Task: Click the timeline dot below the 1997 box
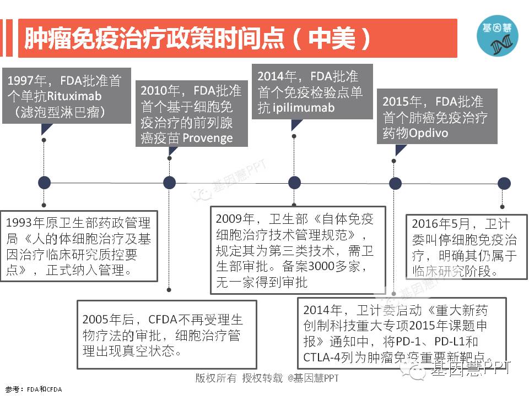[44, 183]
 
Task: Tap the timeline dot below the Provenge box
[170, 183]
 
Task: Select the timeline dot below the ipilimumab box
[295, 183]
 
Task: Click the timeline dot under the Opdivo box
[395, 183]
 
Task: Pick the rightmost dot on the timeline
[504, 183]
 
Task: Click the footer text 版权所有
[215, 378]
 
